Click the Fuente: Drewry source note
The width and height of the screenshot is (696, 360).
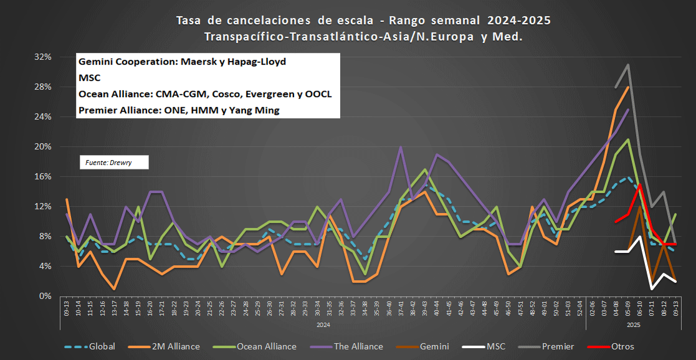(109, 163)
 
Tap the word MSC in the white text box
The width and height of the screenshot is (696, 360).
(89, 78)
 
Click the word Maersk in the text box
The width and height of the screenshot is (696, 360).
(198, 62)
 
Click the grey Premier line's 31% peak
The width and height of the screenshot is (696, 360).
(627, 64)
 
